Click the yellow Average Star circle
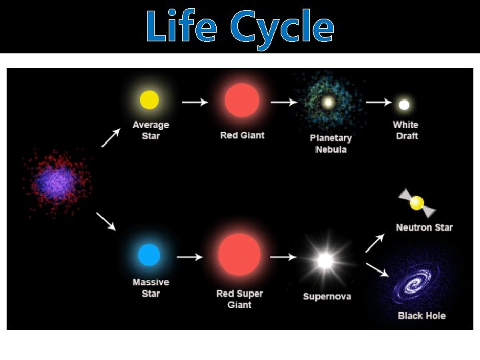149,100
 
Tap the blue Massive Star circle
149,255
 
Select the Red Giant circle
241,100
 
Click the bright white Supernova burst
325,261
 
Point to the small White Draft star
404,104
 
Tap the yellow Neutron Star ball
417,203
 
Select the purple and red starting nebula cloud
57,181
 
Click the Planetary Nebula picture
328,103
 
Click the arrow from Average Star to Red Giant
195,102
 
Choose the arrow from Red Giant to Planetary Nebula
284,102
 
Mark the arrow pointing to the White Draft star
378,102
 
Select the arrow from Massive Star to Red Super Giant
189,257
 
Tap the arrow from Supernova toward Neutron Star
375,244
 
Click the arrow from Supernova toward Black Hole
376,269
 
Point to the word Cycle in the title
281,29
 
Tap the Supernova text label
327,296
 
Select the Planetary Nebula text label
331,143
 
